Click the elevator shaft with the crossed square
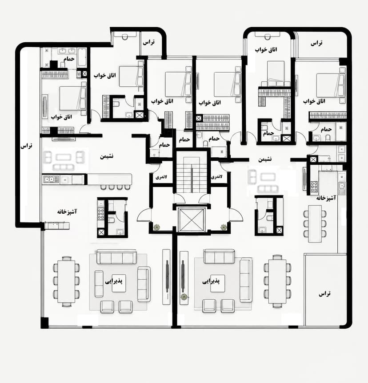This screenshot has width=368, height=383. (191, 220)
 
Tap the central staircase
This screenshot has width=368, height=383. (191, 175)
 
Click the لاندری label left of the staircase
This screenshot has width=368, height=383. (161, 177)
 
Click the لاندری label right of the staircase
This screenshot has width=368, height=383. (216, 177)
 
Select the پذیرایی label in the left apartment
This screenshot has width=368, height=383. (114, 281)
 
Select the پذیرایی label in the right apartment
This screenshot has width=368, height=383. (211, 281)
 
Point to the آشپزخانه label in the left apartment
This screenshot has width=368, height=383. (67, 212)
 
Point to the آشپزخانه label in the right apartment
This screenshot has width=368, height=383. (326, 198)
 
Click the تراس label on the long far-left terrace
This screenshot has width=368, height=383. (26, 146)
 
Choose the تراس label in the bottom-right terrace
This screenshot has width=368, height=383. (324, 293)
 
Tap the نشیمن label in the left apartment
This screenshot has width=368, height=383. (107, 156)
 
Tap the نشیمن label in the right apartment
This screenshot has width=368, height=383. (265, 159)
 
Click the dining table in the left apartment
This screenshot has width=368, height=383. (66, 281)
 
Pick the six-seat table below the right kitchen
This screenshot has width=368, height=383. (315, 224)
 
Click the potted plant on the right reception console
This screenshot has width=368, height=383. (184, 297)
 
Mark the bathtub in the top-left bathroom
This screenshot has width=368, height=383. (82, 57)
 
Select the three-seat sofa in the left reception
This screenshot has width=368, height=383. (116, 257)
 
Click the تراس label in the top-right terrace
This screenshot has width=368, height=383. (316, 43)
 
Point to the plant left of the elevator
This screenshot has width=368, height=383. (156, 227)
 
